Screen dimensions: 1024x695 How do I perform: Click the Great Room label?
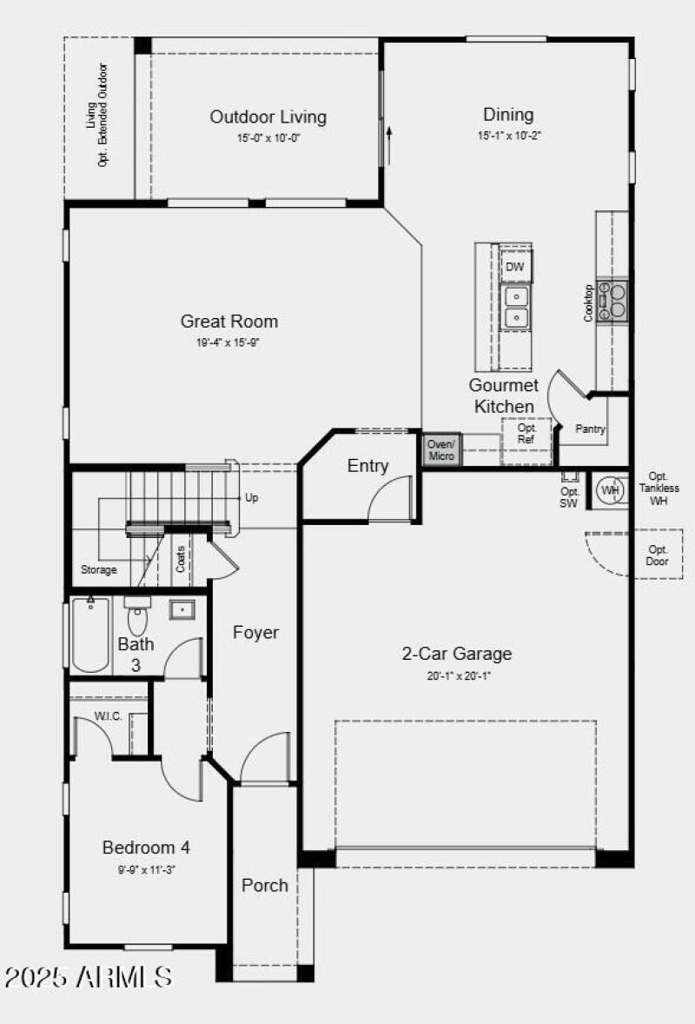229,322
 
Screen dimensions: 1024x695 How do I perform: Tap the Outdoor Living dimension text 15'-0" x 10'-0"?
268,138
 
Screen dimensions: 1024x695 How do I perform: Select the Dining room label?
508,115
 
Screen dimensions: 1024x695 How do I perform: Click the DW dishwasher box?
515,268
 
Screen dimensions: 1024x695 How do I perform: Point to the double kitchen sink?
516,308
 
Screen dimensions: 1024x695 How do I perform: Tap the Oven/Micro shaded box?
441,450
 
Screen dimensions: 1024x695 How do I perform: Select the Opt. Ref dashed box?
527,435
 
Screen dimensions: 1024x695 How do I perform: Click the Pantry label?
591,429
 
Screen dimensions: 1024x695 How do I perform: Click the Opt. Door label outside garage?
658,555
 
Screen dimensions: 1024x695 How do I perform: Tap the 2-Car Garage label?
456,654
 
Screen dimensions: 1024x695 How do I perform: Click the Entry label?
367,466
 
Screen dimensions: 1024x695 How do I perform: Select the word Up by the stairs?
252,498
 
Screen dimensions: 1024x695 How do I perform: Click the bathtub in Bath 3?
90,635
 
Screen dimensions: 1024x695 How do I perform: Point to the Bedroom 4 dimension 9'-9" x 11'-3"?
147,868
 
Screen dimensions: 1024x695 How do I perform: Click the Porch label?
265,885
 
